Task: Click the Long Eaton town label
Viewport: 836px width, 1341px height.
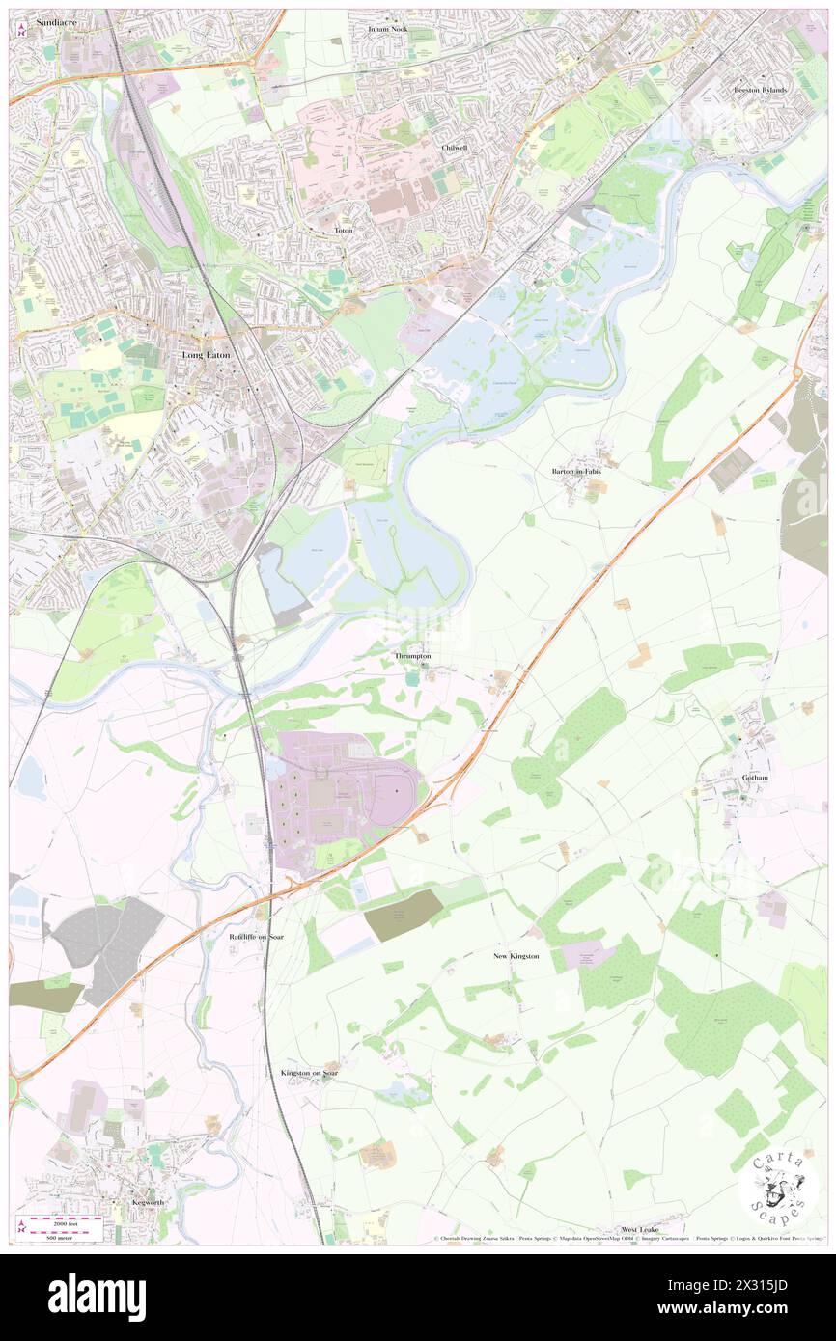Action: [x=204, y=355]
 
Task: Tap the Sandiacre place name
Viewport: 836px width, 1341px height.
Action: [x=51, y=20]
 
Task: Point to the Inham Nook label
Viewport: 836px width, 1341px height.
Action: [x=388, y=30]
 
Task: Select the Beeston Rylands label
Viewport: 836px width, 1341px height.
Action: [x=760, y=90]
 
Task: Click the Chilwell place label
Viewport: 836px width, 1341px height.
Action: [x=455, y=148]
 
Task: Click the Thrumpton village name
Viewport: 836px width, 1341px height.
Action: [x=412, y=656]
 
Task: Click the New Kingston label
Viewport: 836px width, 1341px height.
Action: [x=516, y=956]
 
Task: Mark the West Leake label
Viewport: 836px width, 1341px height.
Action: [x=641, y=1231]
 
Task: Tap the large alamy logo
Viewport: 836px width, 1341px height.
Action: [x=97, y=1297]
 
